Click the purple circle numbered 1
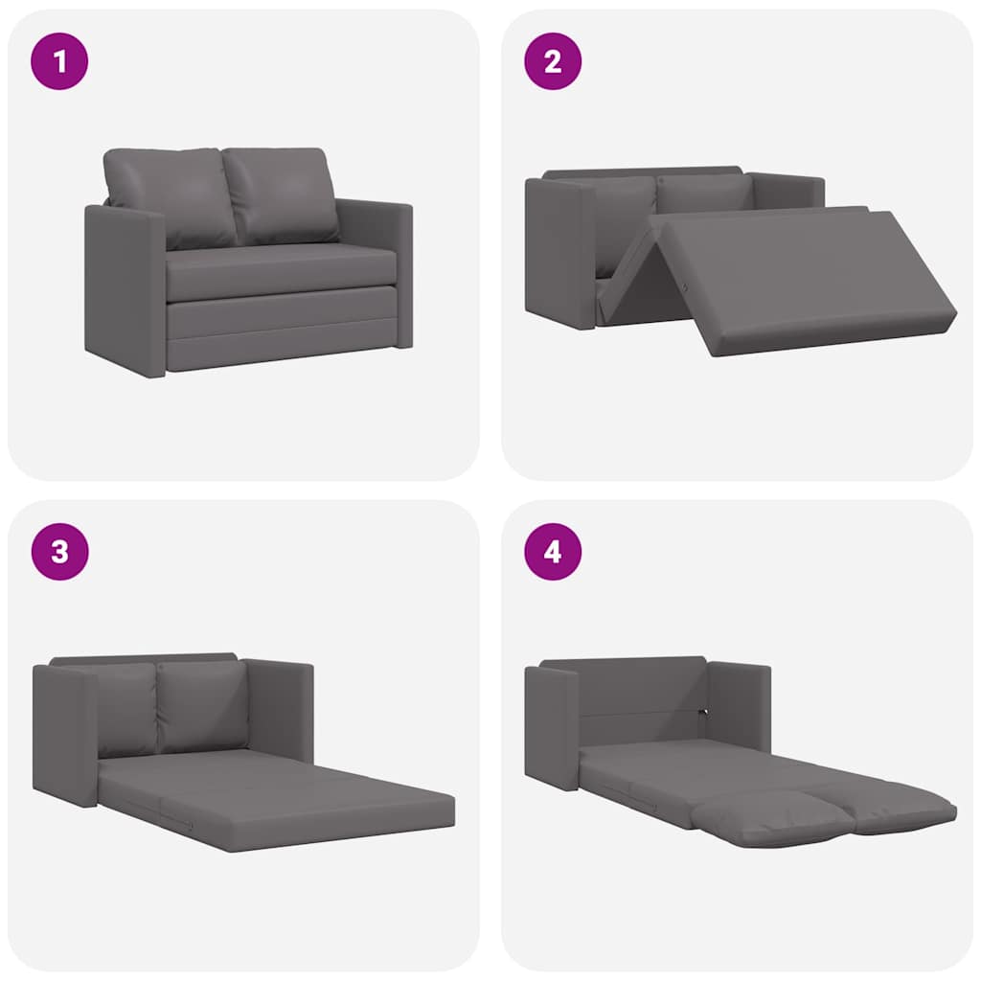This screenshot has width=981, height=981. [x=59, y=61]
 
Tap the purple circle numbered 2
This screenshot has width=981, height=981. [x=553, y=61]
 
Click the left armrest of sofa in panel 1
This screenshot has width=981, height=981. [x=125, y=287]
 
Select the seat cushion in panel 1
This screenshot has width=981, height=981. [x=283, y=270]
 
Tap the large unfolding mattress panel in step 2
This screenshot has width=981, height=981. [x=805, y=278]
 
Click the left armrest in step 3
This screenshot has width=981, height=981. [x=65, y=733]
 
